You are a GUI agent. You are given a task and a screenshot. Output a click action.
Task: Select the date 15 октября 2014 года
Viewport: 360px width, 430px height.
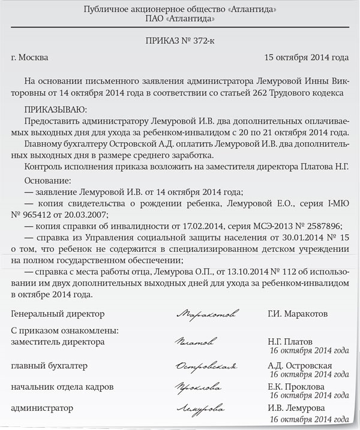(x=306, y=58)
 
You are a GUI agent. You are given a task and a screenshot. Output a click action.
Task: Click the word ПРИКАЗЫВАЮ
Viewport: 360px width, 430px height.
(x=55, y=109)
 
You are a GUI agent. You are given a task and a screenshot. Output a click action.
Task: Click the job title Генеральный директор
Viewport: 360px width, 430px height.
(x=58, y=314)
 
